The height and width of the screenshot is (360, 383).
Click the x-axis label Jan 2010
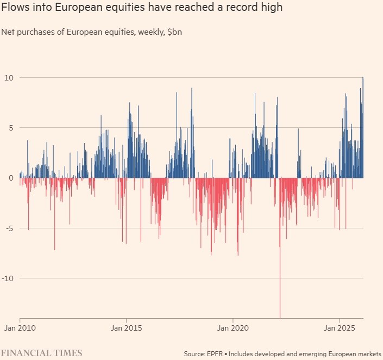pyautogui.click(x=20, y=328)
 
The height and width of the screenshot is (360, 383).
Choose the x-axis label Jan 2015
pyautogui.click(x=126, y=328)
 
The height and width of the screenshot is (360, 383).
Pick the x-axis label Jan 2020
pyautogui.click(x=233, y=328)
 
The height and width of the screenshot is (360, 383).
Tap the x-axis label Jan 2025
pyautogui.click(x=339, y=328)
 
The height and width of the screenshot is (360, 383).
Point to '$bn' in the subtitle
pyautogui.click(x=174, y=32)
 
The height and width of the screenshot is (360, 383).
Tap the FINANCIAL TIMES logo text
pyautogui.click(x=41, y=353)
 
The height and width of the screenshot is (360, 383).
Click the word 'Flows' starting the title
pyautogui.click(x=15, y=9)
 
